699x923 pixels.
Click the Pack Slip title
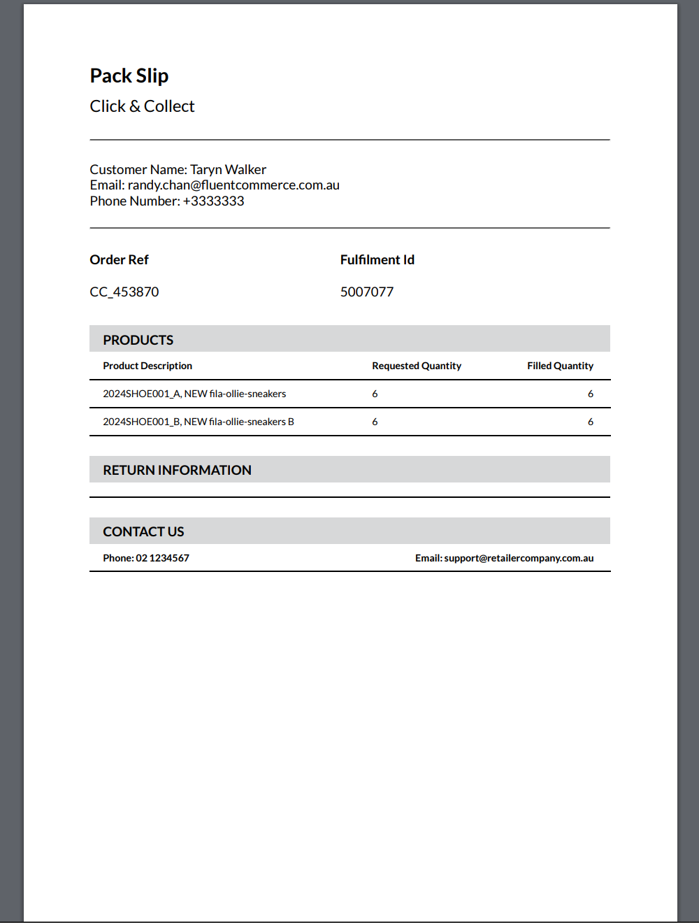pyautogui.click(x=129, y=76)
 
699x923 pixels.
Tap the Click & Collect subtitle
pyautogui.click(x=142, y=106)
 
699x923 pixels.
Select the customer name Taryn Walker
pyautogui.click(x=228, y=169)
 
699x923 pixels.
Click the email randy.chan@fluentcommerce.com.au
pyautogui.click(x=233, y=185)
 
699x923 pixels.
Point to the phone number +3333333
pyautogui.click(x=213, y=201)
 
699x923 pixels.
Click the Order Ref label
pyautogui.click(x=119, y=260)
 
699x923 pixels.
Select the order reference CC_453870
pyautogui.click(x=124, y=292)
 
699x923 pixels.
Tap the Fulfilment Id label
pyautogui.click(x=377, y=260)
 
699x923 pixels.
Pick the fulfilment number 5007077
pyautogui.click(x=367, y=292)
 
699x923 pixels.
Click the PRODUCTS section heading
pyautogui.click(x=138, y=340)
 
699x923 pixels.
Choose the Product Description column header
pyautogui.click(x=147, y=366)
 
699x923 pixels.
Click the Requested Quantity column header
pyautogui.click(x=417, y=366)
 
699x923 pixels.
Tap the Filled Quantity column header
pyautogui.click(x=560, y=366)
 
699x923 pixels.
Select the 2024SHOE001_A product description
pyautogui.click(x=194, y=394)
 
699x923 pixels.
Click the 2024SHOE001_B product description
pyautogui.click(x=199, y=422)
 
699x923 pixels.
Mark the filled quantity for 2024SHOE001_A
pyautogui.click(x=591, y=394)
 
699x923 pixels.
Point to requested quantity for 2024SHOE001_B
pyautogui.click(x=375, y=422)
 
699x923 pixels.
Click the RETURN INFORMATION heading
pyautogui.click(x=177, y=470)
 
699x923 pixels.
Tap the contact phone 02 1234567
pyautogui.click(x=162, y=558)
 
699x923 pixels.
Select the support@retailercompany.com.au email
pyautogui.click(x=519, y=558)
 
